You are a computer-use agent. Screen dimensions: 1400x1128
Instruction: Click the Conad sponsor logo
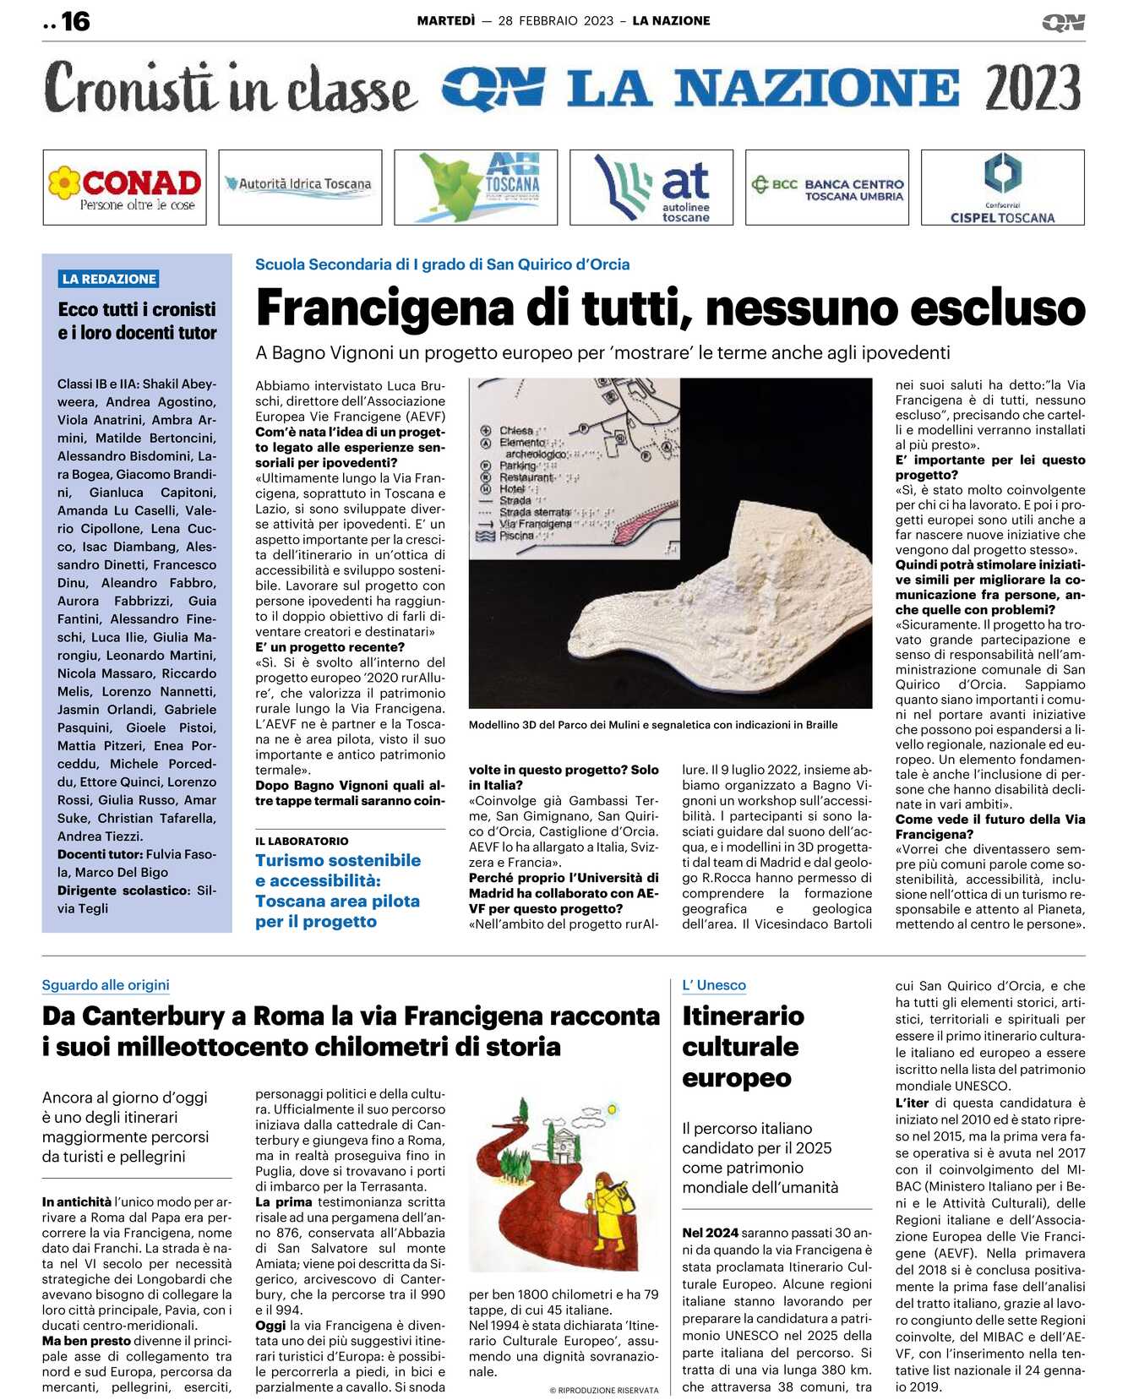pos(124,188)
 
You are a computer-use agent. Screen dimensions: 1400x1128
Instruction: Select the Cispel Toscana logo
pos(1002,188)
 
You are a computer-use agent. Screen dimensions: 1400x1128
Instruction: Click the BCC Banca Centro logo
pos(827,188)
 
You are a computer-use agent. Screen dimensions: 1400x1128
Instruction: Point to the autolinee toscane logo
pos(651,188)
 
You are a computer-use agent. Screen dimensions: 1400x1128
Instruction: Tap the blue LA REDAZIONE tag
pos(109,279)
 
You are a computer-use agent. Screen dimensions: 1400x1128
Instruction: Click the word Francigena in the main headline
pos(384,308)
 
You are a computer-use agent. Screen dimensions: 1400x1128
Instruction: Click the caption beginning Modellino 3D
pos(653,724)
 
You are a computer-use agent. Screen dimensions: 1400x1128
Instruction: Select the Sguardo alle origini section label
pos(106,985)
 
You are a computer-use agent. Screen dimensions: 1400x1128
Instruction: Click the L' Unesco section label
pos(714,985)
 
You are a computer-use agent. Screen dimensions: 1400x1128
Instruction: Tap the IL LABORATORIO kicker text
pos(302,841)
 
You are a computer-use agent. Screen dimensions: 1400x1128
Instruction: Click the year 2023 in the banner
pos(1033,88)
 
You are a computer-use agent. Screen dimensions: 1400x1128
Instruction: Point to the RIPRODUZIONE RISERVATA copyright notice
pos(603,1390)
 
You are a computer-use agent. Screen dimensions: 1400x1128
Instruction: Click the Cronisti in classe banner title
pos(230,88)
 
